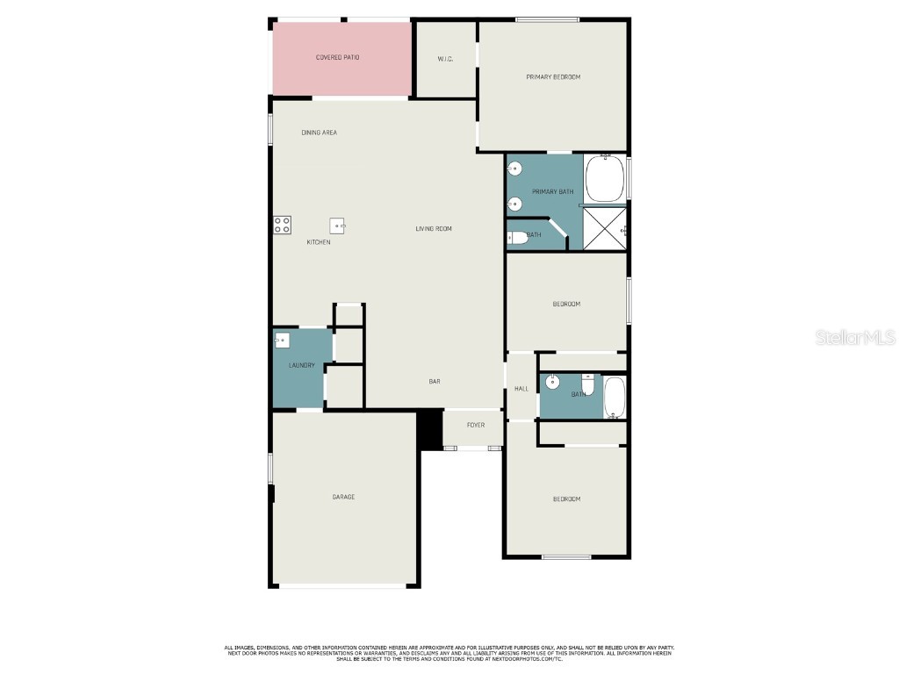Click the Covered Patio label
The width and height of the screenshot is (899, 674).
click(x=337, y=58)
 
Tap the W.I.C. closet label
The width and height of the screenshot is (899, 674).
click(x=445, y=59)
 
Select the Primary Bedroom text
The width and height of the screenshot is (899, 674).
click(x=553, y=77)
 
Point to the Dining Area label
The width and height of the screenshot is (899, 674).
click(x=319, y=133)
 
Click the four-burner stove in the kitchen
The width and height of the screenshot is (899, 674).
click(x=282, y=225)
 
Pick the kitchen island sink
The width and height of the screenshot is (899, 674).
click(x=338, y=226)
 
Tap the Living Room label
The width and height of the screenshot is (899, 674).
click(x=434, y=229)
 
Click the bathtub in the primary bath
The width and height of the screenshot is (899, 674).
click(x=605, y=179)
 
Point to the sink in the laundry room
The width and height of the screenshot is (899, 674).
click(x=282, y=341)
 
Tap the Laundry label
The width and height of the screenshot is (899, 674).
click(x=301, y=365)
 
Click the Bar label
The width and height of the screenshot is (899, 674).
click(x=434, y=382)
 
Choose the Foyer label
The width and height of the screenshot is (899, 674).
click(x=475, y=426)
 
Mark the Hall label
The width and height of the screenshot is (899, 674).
click(x=521, y=389)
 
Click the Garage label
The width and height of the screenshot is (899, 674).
click(x=343, y=498)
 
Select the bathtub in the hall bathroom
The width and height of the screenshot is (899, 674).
click(x=615, y=396)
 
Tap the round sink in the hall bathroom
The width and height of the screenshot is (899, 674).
click(x=553, y=383)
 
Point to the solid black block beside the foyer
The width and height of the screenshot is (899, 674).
click(x=429, y=429)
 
